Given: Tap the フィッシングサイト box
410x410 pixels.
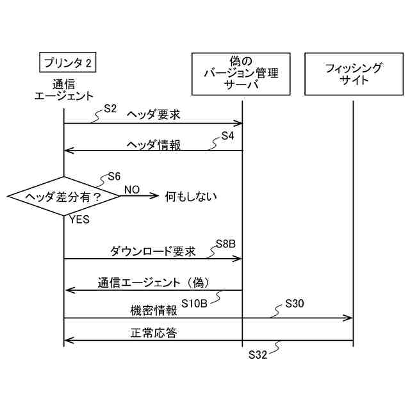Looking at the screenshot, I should (x=353, y=73).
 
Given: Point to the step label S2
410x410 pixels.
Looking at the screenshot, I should (x=110, y=109).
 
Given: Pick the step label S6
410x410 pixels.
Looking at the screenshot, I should (x=114, y=176).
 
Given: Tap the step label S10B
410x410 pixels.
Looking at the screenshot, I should (x=194, y=303).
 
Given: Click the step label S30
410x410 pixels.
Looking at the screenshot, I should (x=294, y=303).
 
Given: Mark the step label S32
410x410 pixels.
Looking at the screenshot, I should (x=257, y=353).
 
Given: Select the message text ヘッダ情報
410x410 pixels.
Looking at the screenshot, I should (x=154, y=145).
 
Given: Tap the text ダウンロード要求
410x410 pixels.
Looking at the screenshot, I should (x=152, y=251).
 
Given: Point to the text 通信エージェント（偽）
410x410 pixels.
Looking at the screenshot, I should (x=154, y=282).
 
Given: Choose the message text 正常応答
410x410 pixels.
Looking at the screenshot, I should (x=154, y=333).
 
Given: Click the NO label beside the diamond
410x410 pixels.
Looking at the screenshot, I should (x=131, y=190).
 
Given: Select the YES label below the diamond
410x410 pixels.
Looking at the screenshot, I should (x=78, y=220).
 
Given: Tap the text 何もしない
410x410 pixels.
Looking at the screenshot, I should (x=191, y=197).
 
